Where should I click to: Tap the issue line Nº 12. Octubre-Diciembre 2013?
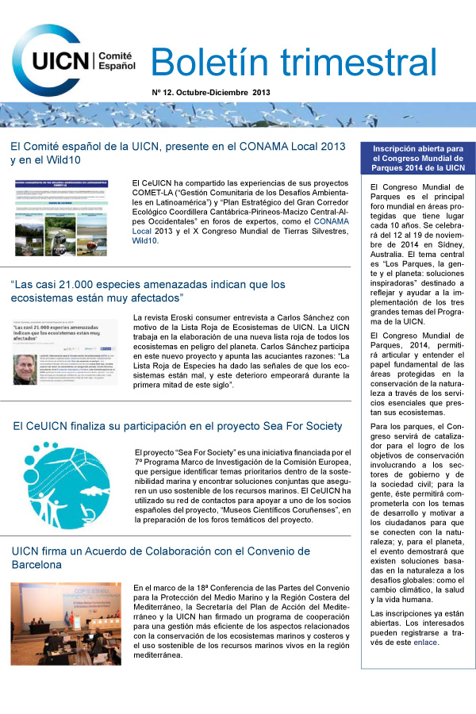[x=211, y=93]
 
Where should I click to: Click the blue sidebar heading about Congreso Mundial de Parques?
[x=418, y=157]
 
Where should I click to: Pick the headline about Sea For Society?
[x=178, y=427]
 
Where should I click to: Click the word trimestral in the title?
[x=360, y=62]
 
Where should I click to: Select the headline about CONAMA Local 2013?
[x=178, y=153]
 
